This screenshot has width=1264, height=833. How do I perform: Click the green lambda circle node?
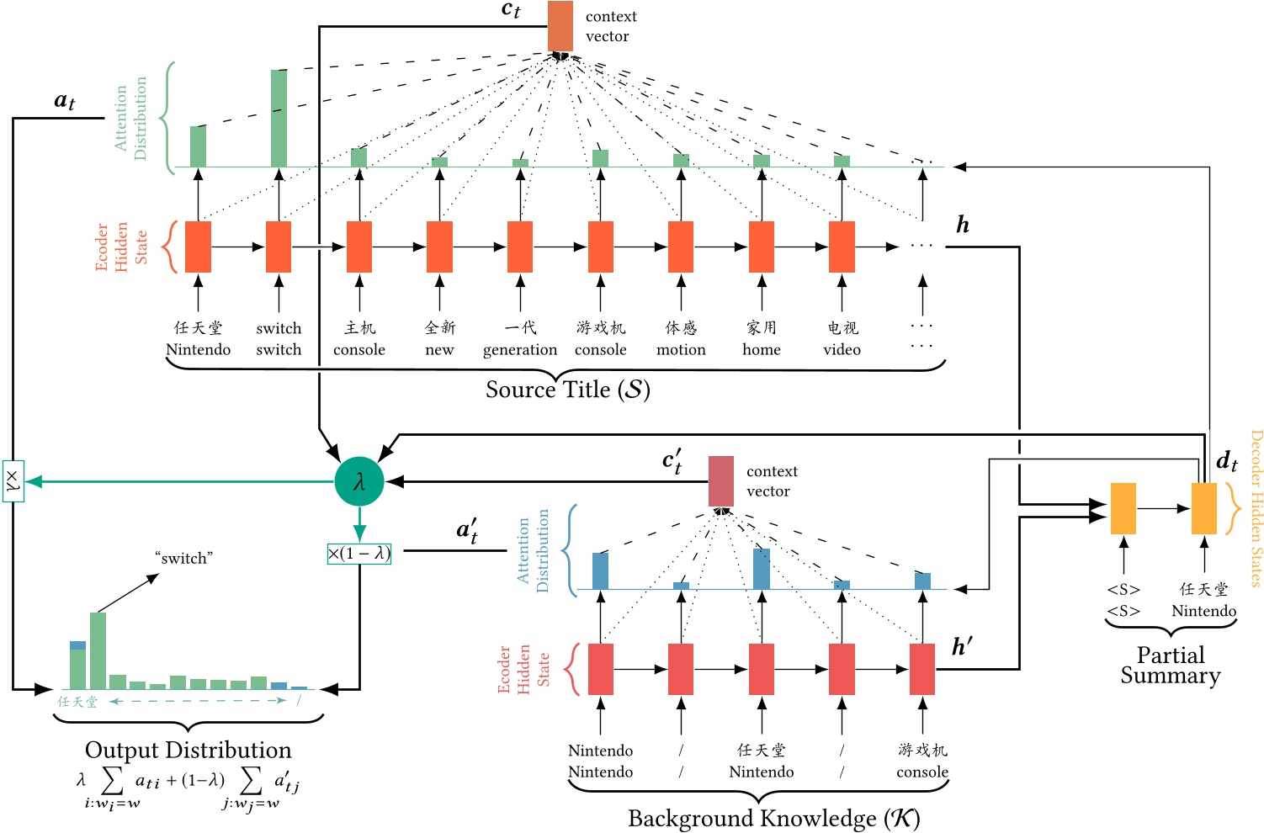359,482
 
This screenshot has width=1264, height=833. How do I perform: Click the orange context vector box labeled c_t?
560,26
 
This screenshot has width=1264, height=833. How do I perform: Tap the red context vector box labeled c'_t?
720,481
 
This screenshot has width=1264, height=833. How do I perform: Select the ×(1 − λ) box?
359,554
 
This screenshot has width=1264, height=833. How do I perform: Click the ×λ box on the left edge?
13,481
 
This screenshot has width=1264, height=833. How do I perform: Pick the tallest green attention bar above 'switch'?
279,118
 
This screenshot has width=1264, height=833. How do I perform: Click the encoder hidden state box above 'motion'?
681,247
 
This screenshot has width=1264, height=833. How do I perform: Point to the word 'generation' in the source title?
519,350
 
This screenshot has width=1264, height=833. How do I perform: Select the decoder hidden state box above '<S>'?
1123,508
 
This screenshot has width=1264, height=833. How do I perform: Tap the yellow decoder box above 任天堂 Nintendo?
1203,508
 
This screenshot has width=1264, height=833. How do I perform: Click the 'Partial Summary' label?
1170,666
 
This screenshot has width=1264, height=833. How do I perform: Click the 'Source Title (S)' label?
567,390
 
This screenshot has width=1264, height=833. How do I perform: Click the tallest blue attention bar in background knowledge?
761,568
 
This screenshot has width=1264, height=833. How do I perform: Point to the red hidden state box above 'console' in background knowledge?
922,669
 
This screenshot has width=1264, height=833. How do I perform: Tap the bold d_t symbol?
1227,461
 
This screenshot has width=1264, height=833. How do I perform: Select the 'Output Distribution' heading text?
188,750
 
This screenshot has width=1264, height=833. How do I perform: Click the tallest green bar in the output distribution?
98,650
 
